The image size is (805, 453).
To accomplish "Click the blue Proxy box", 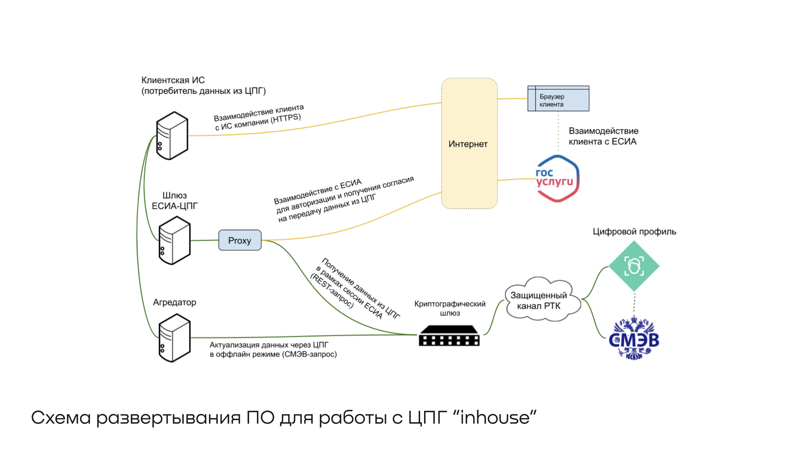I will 240,240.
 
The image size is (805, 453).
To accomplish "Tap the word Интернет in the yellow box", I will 468,144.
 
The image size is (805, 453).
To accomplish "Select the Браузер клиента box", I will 558,99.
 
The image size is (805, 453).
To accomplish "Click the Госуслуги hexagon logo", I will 557,179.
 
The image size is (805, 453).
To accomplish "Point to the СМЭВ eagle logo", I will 634,339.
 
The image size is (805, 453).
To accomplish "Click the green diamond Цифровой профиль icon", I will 634,266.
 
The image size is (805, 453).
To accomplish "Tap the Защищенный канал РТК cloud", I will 540,301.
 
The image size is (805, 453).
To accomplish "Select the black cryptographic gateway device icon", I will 449,336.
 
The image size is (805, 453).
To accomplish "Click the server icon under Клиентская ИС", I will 172,136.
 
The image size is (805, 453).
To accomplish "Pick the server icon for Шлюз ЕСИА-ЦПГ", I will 174,240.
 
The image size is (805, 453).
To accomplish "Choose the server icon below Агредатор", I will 174,338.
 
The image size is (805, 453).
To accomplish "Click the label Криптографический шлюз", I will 450,308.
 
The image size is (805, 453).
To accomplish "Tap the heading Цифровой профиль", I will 634,232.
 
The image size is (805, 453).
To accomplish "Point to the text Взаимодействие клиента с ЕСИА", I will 603,136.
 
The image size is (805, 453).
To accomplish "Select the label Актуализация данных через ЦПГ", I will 269,345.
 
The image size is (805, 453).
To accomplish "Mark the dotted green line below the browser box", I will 558,131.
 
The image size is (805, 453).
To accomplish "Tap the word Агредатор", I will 174,302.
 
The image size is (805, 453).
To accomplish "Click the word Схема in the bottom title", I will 60,417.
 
